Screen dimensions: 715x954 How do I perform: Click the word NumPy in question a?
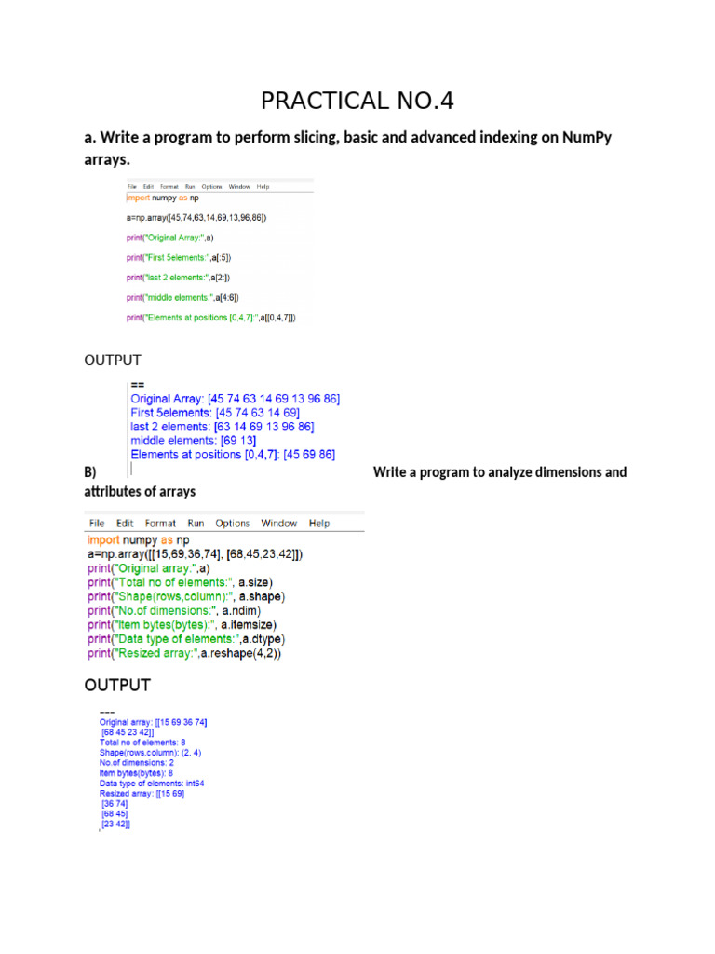pyautogui.click(x=587, y=138)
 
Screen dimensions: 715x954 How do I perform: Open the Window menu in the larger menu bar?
pyautogui.click(x=278, y=524)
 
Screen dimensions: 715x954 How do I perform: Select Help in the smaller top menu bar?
pyautogui.click(x=263, y=186)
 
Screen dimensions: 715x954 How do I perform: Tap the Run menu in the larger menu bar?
pyautogui.click(x=196, y=524)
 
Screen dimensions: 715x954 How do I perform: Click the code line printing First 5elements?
pyautogui.click(x=179, y=257)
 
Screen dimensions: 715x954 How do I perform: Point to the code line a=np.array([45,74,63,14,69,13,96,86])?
pyautogui.click(x=196, y=217)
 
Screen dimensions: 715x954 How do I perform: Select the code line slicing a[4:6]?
pyautogui.click(x=183, y=297)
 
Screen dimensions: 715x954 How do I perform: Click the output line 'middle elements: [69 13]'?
pyautogui.click(x=194, y=441)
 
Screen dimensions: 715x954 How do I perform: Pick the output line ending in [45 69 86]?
pyautogui.click(x=233, y=455)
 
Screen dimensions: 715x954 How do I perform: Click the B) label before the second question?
pyautogui.click(x=90, y=472)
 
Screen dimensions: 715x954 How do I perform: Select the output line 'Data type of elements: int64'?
pyautogui.click(x=152, y=784)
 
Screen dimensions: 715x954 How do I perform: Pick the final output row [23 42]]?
pyautogui.click(x=115, y=825)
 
